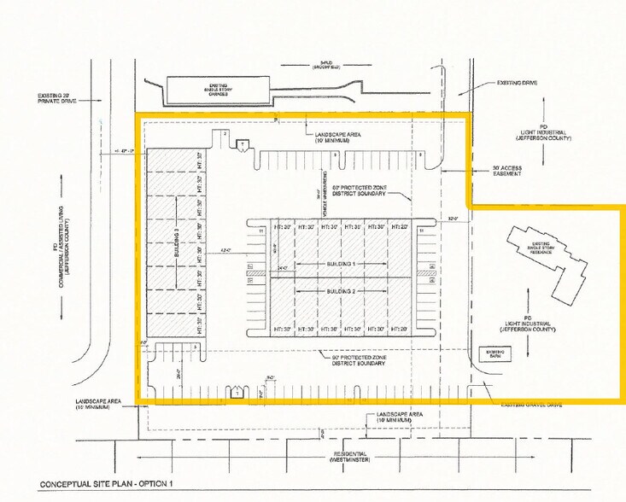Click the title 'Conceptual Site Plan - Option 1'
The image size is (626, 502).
108,485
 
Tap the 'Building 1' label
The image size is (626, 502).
342,265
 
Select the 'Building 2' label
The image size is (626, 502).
342,292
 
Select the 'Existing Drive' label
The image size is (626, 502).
518,84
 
